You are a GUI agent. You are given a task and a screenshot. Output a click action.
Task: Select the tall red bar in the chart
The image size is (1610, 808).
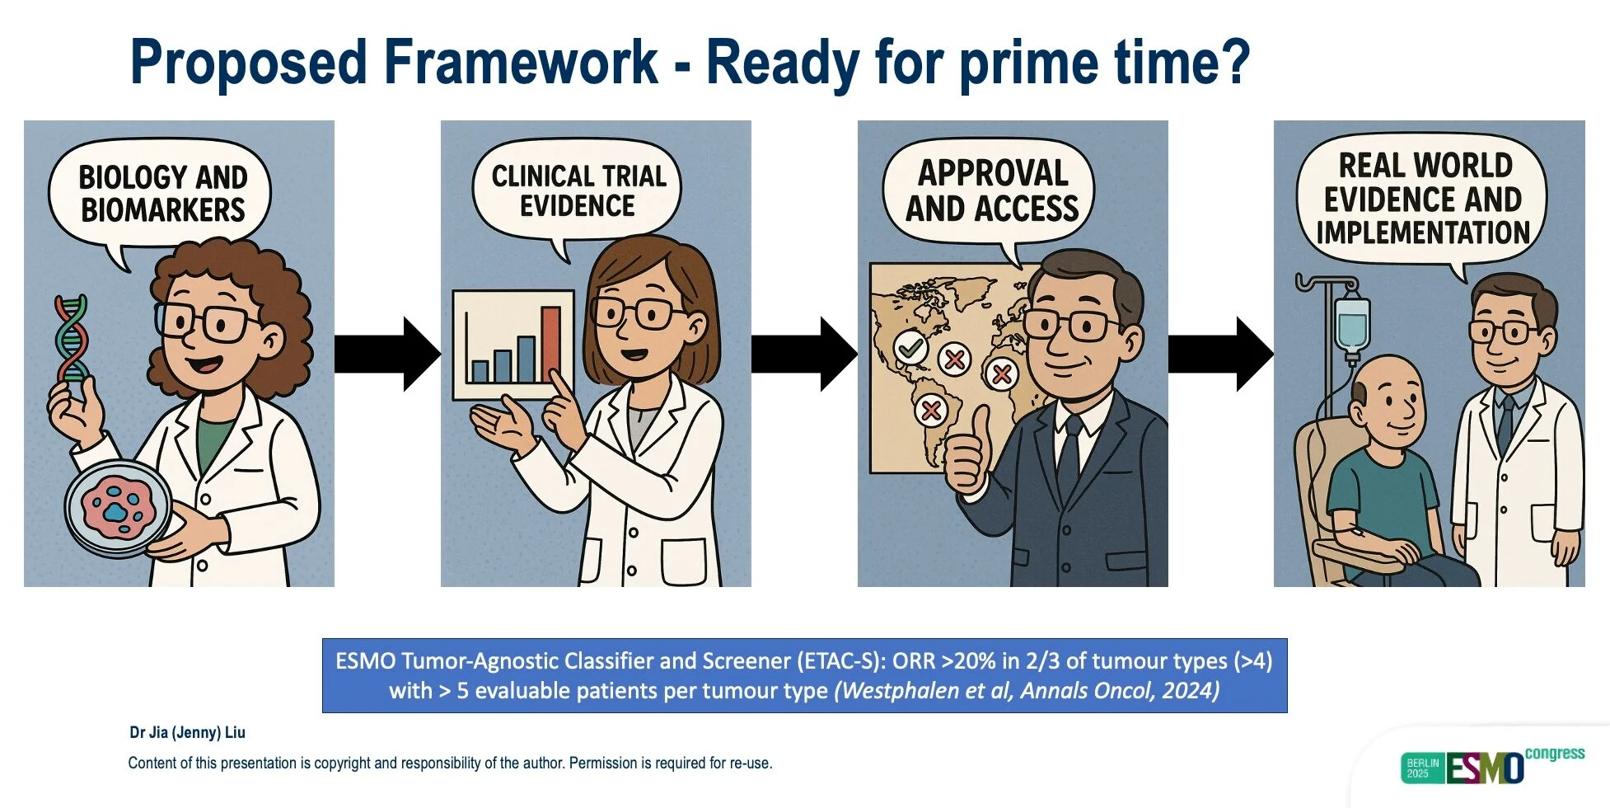pos(550,345)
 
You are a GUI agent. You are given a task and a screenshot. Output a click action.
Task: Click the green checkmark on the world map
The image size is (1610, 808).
pos(910,349)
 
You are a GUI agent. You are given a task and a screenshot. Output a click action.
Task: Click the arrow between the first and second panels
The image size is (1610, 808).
pos(387,355)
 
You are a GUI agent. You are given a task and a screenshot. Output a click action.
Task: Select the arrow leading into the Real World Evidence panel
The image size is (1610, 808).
pos(1221,355)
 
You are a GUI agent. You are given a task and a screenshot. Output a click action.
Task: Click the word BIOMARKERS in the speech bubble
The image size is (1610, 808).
pos(163,210)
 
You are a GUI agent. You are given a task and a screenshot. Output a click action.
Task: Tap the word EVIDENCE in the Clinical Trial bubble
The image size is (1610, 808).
pos(578,206)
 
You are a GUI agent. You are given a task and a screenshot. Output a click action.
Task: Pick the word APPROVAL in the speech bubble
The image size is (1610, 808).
pos(993,173)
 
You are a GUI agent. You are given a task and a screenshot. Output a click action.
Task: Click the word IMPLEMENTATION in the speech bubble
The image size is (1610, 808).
pos(1423,233)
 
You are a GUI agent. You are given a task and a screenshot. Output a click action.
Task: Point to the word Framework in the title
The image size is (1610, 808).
pos(521,62)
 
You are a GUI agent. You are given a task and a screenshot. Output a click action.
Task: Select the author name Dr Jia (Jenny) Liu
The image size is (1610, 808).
pos(187,732)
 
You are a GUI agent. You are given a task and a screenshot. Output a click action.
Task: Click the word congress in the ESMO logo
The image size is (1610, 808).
pos(1555,754)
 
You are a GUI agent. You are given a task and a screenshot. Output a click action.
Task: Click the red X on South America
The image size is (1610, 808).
pos(931,410)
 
